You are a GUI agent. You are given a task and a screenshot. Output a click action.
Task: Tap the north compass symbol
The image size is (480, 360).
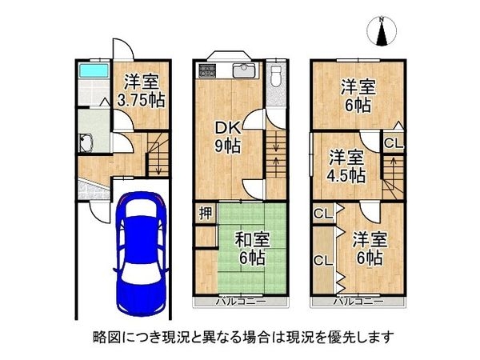click(x=382, y=32)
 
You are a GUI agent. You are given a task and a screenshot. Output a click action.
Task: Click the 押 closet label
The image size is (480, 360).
click(x=206, y=214)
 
